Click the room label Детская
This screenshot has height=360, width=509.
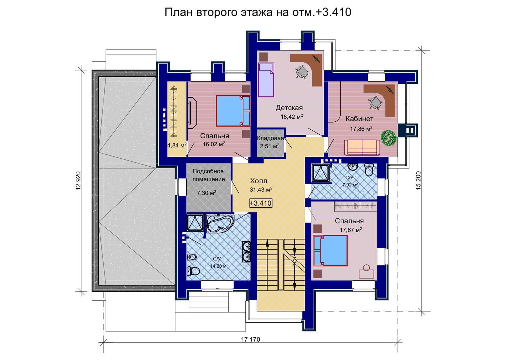289,108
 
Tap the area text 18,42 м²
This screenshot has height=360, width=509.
292,117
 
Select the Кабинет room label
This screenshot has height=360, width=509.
359,119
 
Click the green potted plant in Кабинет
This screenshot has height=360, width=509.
389,137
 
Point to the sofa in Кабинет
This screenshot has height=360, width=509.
362,148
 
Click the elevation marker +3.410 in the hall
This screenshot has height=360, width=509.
261,203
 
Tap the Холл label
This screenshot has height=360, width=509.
259,181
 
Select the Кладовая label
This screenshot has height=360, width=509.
270,138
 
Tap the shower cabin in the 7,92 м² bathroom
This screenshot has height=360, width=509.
321,173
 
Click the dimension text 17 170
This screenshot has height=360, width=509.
250,339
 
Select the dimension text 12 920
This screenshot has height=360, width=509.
78,181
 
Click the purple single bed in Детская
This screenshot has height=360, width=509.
266,80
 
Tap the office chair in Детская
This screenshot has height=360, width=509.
302,72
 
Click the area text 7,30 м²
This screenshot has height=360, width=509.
206,193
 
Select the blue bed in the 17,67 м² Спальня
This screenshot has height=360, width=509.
330,251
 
